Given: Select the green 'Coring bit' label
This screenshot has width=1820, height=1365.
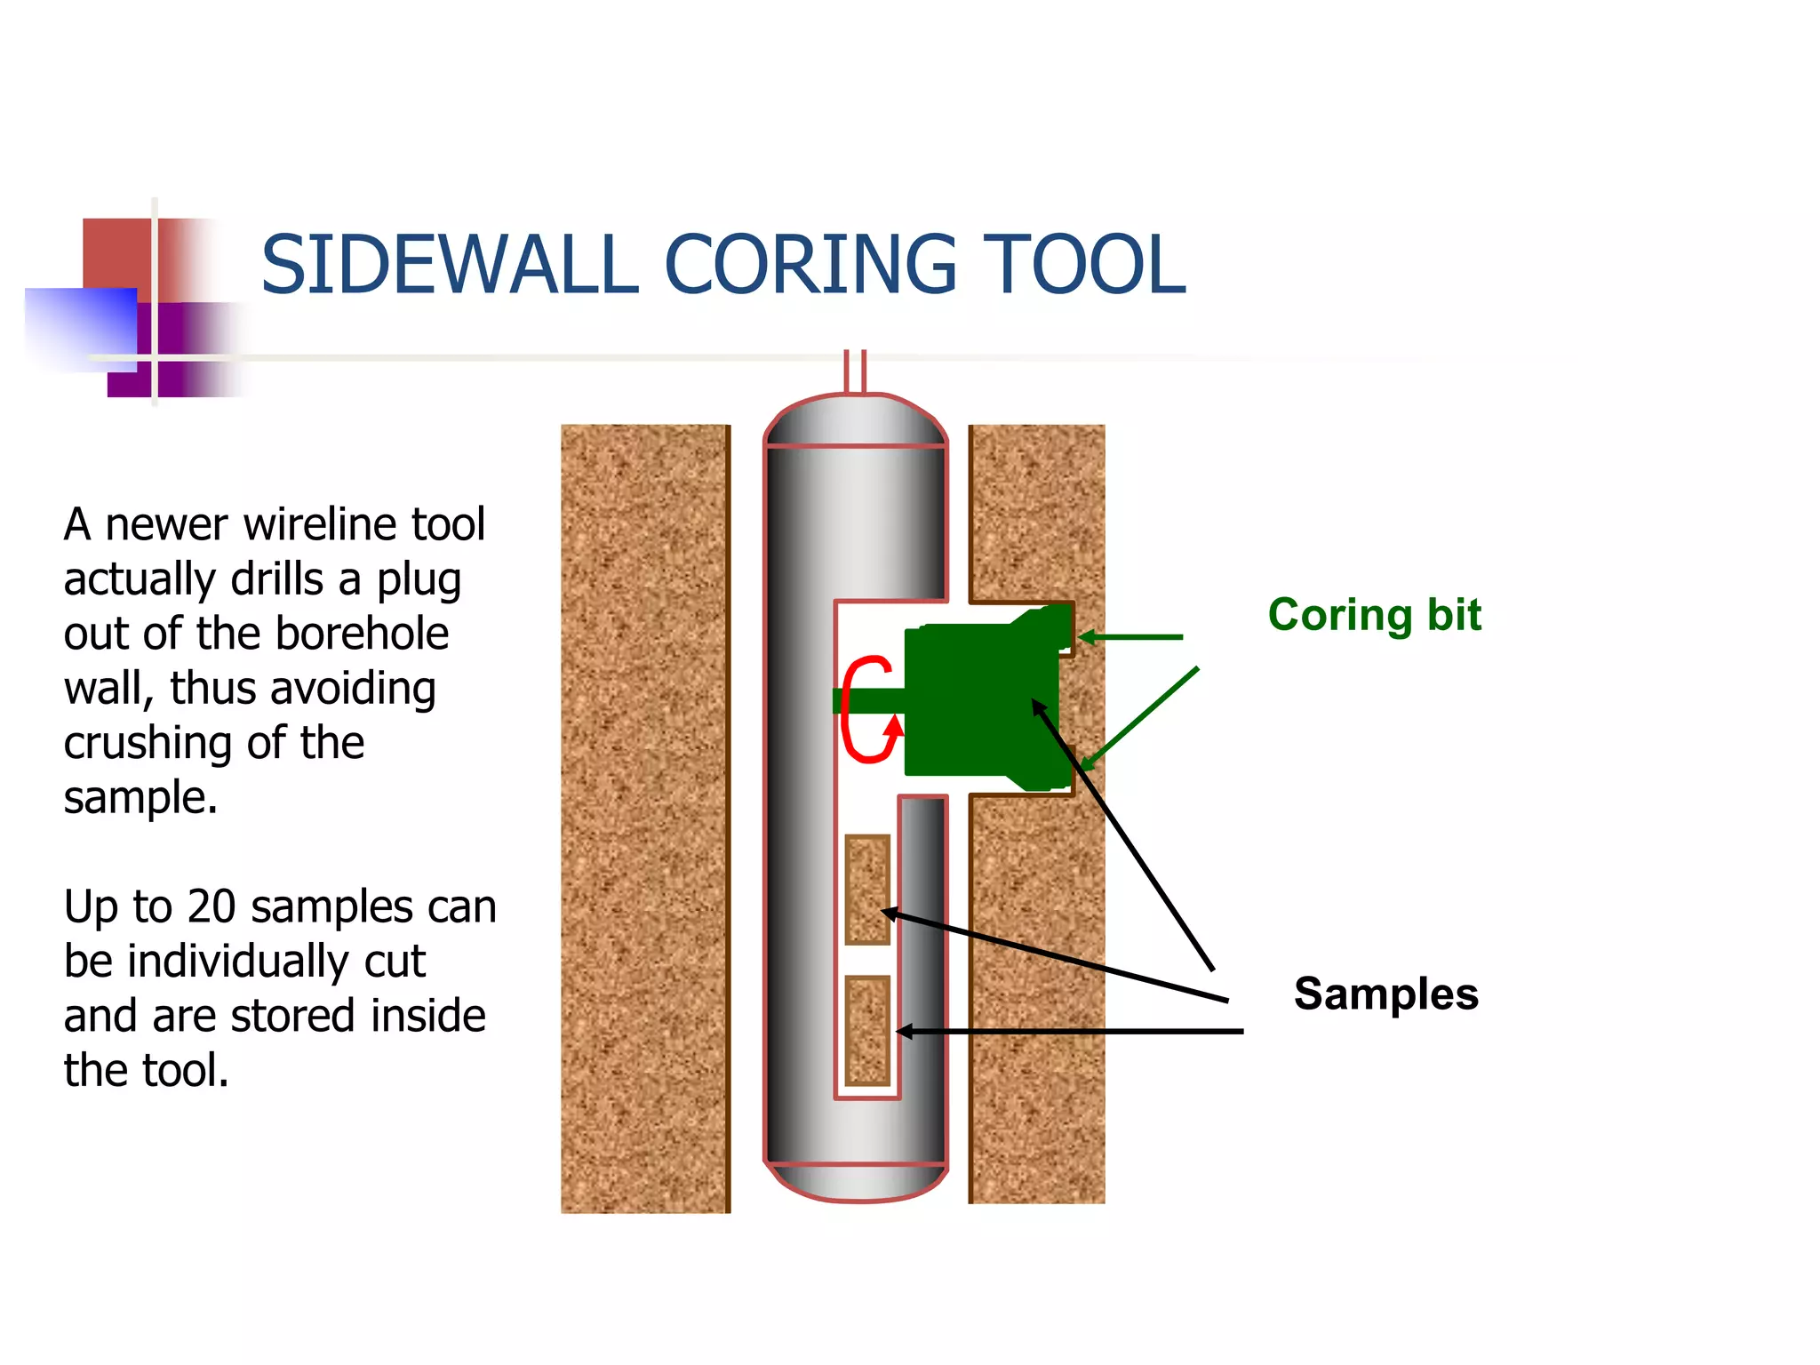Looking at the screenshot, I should (x=1374, y=615).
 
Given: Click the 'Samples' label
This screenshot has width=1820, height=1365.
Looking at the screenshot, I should (x=1385, y=994).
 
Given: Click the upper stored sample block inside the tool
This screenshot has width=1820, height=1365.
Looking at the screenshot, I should (x=866, y=889).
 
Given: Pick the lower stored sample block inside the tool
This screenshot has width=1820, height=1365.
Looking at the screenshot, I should (x=866, y=1030).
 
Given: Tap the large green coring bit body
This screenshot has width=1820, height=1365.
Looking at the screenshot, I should (x=978, y=702).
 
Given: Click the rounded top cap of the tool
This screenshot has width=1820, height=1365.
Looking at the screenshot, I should (x=855, y=421).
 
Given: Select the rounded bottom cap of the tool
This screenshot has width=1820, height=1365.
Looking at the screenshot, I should (x=857, y=1182).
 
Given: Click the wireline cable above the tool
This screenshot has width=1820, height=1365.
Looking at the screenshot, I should (x=854, y=371).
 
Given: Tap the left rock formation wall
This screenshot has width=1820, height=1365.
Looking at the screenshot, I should (x=645, y=818).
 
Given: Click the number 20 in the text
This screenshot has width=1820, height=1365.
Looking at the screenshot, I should (x=212, y=907).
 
